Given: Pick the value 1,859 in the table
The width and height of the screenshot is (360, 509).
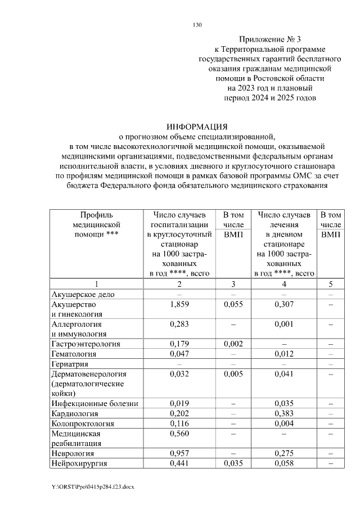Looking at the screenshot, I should [x=178, y=304].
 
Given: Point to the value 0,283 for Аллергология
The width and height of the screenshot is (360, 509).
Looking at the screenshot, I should [x=178, y=324].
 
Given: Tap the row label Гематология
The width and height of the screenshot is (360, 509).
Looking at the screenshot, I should [x=74, y=354].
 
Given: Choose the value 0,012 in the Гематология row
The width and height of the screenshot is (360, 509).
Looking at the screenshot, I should [x=284, y=354].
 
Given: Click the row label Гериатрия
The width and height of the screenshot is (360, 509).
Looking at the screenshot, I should [x=71, y=364].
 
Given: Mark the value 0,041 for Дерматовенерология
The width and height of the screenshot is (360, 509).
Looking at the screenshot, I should [x=284, y=373].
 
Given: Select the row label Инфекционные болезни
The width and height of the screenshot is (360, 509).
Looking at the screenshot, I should [x=94, y=404].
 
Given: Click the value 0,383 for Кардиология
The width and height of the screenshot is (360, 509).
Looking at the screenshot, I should [x=284, y=413].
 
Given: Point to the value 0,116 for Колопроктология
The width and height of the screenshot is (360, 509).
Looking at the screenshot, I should [x=178, y=424].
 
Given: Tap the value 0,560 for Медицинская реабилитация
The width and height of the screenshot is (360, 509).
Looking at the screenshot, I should [x=178, y=434].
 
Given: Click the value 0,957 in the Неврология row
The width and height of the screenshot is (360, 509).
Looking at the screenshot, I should [x=178, y=453].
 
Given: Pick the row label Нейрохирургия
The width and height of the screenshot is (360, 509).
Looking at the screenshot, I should [x=79, y=463].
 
